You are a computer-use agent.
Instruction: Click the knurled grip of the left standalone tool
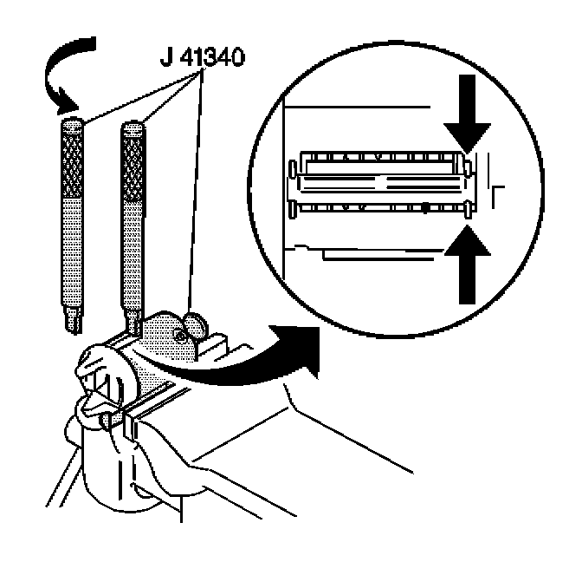click(x=72, y=161)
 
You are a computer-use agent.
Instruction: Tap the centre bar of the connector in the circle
click(x=381, y=183)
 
